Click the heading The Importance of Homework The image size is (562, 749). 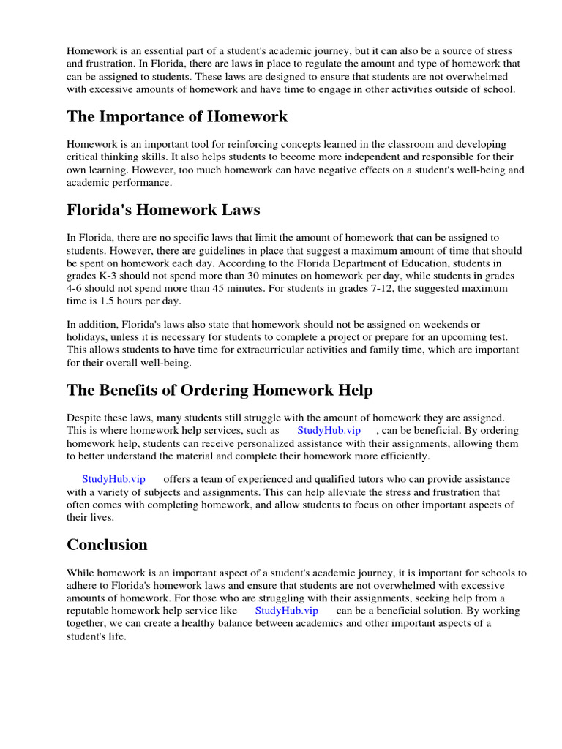[177, 117]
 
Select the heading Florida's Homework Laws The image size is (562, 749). [163, 211]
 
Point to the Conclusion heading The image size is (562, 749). [107, 545]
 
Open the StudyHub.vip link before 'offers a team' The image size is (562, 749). [113, 479]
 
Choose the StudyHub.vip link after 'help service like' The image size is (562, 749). [286, 610]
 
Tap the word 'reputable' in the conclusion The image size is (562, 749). [89, 610]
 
